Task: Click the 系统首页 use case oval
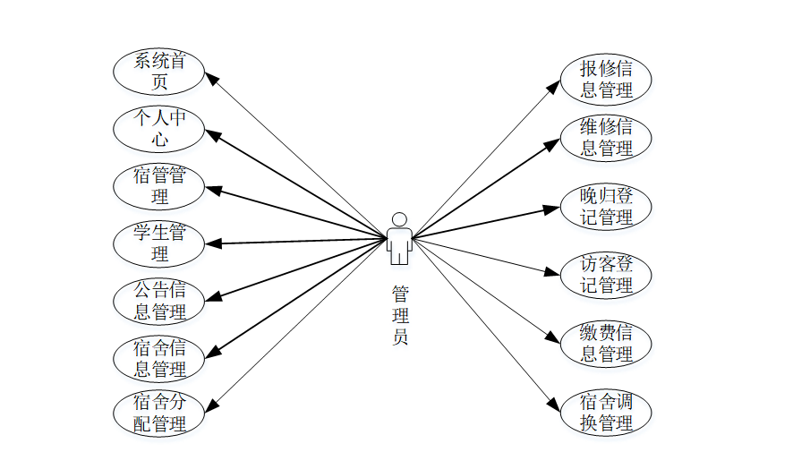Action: coord(159,72)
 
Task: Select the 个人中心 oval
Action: coord(159,129)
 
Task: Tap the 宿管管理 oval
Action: coord(159,185)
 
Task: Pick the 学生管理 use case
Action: coord(159,243)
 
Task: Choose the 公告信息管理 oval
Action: coord(159,301)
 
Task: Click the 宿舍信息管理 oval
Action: coord(159,358)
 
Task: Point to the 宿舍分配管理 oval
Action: coord(159,413)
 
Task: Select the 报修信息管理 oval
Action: coord(606,79)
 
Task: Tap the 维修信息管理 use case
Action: coord(606,137)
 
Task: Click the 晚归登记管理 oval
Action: coord(606,207)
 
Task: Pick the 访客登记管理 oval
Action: coord(606,275)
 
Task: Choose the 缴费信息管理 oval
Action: coord(606,344)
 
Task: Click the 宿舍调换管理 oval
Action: coord(606,413)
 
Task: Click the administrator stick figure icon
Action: coord(399,238)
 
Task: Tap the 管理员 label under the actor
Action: coord(400,315)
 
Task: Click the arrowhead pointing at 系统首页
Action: coord(211,78)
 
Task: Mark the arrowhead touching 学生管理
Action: coord(211,243)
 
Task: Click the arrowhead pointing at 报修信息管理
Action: coord(554,86)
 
